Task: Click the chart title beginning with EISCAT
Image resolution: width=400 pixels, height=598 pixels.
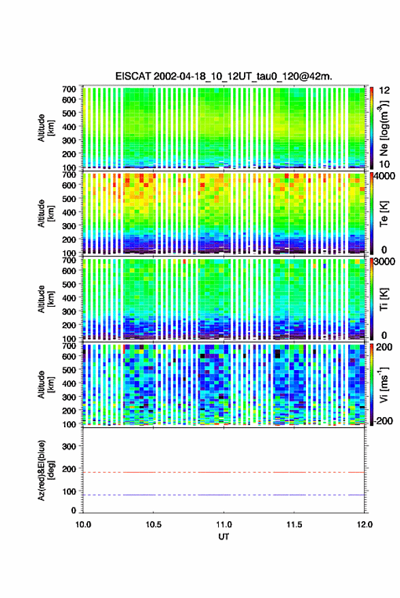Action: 224,76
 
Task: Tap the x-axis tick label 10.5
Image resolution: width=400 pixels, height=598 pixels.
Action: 153,525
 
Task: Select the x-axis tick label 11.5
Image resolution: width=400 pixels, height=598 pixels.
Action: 294,525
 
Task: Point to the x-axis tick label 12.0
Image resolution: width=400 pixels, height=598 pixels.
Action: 365,525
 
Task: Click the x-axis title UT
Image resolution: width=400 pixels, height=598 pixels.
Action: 224,537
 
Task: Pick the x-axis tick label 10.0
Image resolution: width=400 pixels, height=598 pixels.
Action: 83,525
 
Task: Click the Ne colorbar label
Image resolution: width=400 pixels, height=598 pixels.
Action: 384,128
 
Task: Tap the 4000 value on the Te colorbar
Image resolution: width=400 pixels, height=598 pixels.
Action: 384,176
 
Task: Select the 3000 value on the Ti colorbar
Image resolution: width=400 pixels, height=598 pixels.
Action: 384,261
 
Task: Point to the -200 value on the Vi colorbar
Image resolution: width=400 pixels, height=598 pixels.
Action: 384,420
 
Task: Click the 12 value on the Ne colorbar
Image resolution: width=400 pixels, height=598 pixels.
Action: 385,90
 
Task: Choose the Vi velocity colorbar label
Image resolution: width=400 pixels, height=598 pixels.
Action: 384,384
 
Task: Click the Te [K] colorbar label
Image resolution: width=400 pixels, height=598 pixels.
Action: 384,214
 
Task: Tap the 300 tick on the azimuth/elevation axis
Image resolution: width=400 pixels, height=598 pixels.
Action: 70,446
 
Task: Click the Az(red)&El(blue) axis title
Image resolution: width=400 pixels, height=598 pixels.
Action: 46,470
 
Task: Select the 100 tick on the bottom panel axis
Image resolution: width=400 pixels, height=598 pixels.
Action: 70,491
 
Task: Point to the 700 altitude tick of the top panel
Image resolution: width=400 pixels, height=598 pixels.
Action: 69,89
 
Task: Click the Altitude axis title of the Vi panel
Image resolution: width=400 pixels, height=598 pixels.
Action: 46,384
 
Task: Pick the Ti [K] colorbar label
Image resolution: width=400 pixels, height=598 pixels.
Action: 384,299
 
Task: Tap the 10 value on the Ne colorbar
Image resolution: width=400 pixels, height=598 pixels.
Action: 385,165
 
